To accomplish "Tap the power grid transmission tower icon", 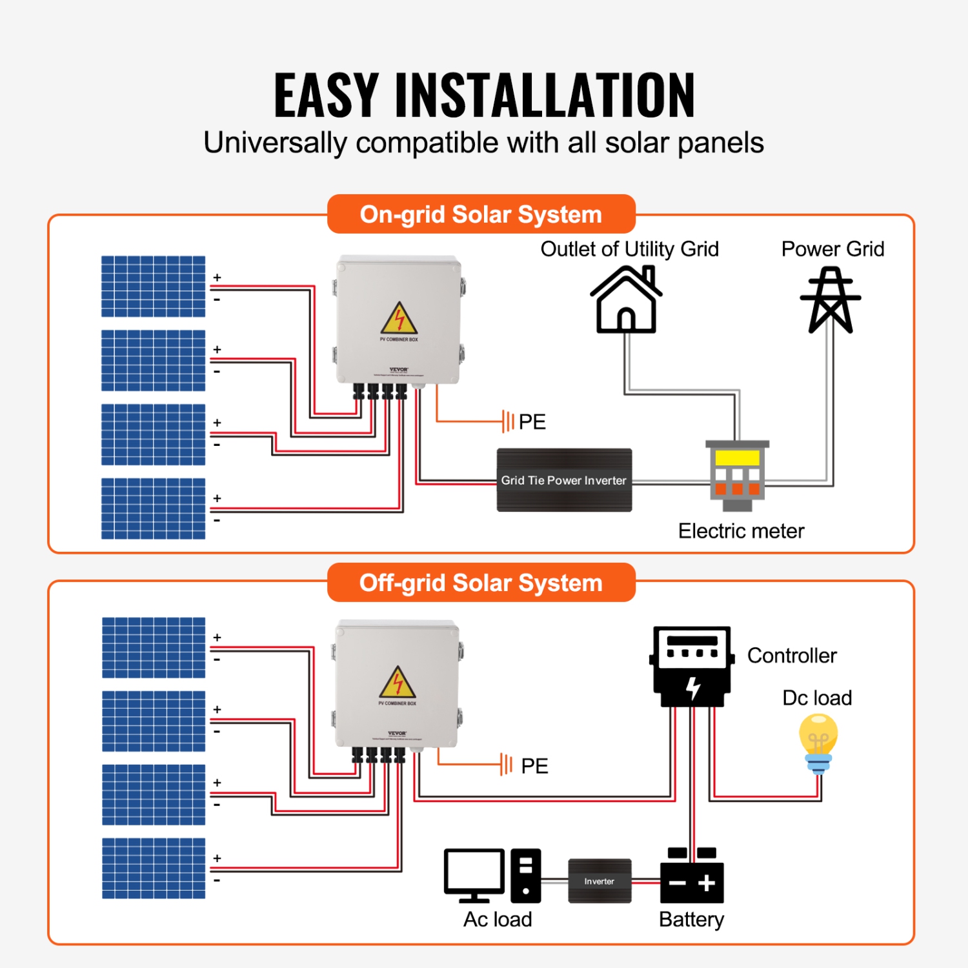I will click(831, 301).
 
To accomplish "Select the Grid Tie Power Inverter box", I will click(564, 480).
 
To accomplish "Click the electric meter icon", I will click(737, 475).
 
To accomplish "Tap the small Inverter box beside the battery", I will click(600, 881).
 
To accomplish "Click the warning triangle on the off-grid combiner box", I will click(398, 682).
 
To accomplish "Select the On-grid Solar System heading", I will click(481, 214).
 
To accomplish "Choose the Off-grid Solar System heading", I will click(481, 583).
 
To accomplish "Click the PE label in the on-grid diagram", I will click(532, 422).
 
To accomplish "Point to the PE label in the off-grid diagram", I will click(534, 766).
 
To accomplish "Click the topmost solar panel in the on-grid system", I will click(153, 287).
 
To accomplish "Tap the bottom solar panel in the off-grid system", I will click(154, 868).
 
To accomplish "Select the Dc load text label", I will click(817, 698).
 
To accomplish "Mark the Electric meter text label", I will click(741, 531).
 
